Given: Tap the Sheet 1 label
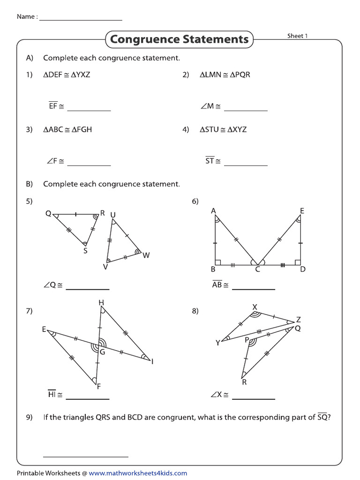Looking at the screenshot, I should click(297, 36).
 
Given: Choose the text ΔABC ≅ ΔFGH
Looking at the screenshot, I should click(67, 130).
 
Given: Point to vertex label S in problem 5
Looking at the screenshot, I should click(85, 251).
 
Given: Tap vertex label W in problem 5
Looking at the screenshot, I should click(146, 255).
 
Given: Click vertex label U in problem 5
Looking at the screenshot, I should click(113, 215).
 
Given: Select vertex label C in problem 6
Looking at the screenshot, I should click(257, 270).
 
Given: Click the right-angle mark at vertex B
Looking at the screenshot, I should click(217, 263).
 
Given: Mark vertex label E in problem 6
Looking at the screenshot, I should click(302, 211).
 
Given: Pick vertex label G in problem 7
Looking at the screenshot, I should click(102, 352).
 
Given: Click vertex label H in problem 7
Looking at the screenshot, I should click(101, 303).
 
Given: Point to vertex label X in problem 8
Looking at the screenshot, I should click(255, 307).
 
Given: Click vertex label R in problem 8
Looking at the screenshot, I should click(244, 382).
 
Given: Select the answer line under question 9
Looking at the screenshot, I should click(85, 455).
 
